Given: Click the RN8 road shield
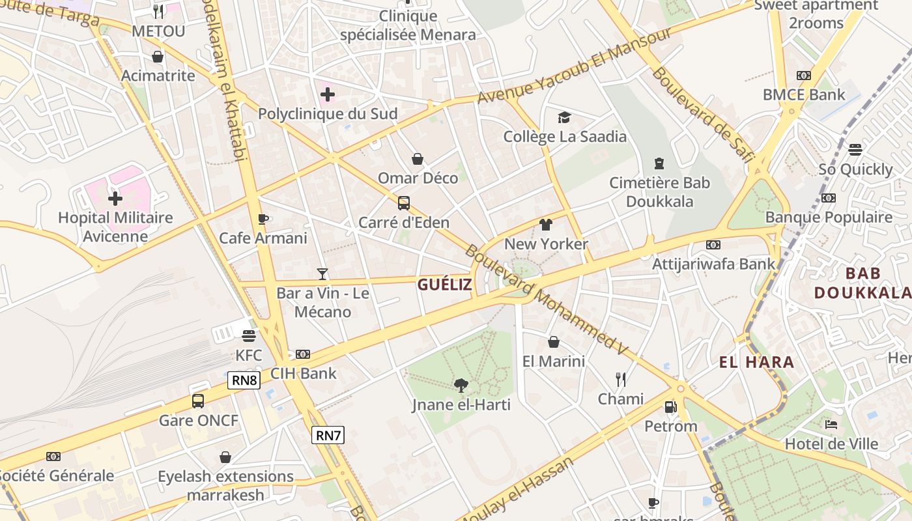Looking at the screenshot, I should (x=244, y=380).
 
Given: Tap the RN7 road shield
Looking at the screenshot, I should (x=327, y=435).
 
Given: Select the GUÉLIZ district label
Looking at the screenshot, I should (x=445, y=285).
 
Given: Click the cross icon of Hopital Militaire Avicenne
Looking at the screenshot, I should (x=115, y=198).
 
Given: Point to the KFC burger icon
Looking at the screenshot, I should (x=248, y=336).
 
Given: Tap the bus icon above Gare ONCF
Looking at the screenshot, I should (x=198, y=401).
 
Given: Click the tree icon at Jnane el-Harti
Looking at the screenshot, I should (x=461, y=386).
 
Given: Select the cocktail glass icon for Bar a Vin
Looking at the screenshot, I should (x=322, y=274).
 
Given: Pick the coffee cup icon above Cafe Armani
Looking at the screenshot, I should (x=263, y=219).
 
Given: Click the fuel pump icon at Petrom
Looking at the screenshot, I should (x=670, y=408).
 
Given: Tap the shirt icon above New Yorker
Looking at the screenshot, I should (x=546, y=225).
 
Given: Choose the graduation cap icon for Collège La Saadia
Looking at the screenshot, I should (x=564, y=118).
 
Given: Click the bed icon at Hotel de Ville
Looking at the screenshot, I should (x=831, y=425).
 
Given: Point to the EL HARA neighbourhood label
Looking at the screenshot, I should (x=756, y=363).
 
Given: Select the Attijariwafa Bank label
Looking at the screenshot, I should (x=714, y=264).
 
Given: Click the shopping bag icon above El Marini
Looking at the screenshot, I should (x=554, y=342).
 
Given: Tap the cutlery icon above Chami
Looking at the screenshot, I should (x=621, y=380).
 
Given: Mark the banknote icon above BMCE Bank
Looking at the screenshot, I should (x=804, y=76).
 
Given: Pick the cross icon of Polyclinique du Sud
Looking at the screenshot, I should (x=328, y=95).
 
